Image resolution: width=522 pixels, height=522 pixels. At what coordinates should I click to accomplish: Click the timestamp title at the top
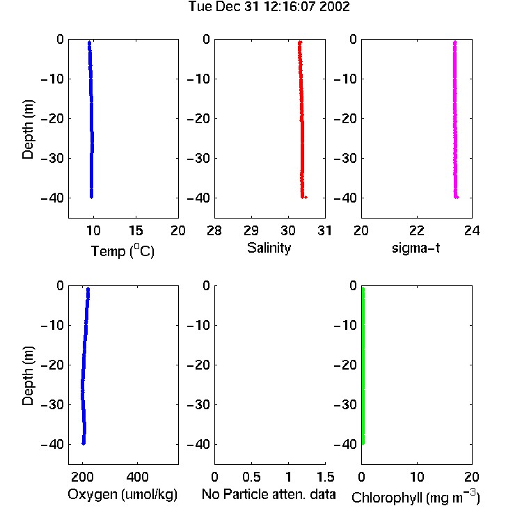click(269, 7)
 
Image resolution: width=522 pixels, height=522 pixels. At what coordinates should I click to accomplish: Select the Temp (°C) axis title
click(122, 251)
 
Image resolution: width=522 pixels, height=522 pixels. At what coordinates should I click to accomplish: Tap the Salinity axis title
click(269, 248)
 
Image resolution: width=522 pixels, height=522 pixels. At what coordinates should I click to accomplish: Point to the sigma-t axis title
click(416, 248)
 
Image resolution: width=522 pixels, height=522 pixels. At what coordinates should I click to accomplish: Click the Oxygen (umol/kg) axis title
click(122, 495)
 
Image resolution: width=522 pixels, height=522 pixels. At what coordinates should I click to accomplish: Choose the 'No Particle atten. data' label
click(269, 494)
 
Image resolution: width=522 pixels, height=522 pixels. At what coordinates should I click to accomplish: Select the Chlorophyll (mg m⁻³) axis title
click(416, 497)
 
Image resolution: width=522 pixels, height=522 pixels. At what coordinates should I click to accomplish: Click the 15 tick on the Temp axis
click(136, 230)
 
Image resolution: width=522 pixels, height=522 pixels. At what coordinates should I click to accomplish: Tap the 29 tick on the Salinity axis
click(251, 230)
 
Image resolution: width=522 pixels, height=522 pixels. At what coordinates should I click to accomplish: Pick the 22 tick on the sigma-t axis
click(417, 230)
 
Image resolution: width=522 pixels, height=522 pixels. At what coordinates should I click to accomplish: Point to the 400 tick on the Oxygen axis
click(137, 477)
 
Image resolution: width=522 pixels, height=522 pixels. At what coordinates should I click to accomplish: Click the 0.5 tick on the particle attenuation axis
click(251, 477)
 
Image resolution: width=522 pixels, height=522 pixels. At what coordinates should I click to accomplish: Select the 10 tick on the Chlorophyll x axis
click(417, 477)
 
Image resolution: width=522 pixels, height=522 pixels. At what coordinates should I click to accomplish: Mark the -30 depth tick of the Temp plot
click(52, 158)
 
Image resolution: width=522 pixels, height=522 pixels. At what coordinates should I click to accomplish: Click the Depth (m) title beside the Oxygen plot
click(28, 376)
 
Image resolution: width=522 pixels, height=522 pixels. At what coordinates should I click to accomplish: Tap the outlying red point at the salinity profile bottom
click(306, 198)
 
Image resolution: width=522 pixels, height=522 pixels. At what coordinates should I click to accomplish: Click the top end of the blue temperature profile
click(89, 42)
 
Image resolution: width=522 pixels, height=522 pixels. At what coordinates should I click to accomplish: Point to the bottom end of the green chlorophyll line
click(363, 443)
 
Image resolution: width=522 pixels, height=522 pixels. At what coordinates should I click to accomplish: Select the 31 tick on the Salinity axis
click(325, 230)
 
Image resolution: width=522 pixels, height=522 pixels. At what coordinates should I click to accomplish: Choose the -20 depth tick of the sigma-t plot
click(345, 118)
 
